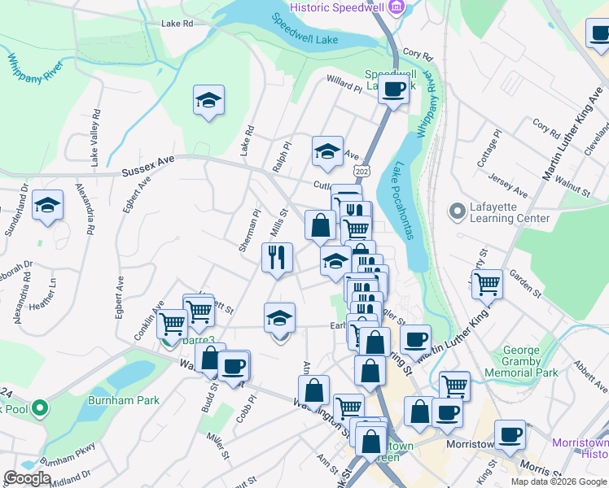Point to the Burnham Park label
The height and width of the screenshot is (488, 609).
125,400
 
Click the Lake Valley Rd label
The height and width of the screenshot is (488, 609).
96,138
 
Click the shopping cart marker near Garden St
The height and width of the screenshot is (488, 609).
487,285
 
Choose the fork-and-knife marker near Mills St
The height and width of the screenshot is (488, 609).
277,257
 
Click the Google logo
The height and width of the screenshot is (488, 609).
27,478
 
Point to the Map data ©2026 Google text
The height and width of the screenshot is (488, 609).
558,481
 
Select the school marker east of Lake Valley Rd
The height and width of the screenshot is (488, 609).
208,101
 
